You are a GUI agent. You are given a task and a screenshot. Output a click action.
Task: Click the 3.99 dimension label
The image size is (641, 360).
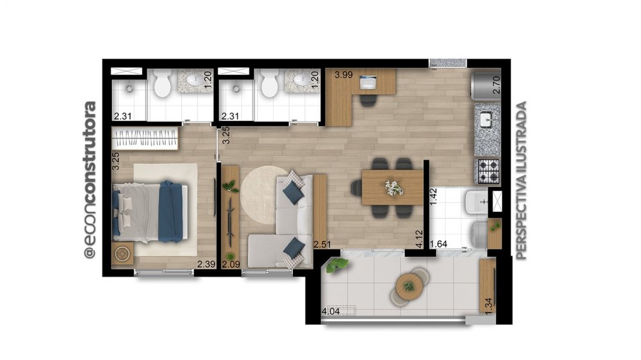click(x=344, y=75)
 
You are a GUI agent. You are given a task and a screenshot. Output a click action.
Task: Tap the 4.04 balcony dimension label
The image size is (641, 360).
click(x=331, y=311)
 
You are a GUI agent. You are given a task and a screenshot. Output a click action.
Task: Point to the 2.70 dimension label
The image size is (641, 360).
click(x=496, y=85)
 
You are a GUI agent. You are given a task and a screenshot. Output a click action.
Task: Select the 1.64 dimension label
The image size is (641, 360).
click(x=438, y=244)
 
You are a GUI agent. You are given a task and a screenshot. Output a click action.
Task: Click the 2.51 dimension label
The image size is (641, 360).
click(x=322, y=244)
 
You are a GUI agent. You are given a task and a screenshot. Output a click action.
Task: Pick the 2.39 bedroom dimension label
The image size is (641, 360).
click(x=206, y=265)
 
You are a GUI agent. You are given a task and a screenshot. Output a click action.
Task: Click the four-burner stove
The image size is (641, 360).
click(x=488, y=171)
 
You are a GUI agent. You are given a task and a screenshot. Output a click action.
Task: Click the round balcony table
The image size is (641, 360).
click(x=408, y=286)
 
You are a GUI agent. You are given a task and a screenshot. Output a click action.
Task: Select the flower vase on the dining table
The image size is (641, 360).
click(x=394, y=188)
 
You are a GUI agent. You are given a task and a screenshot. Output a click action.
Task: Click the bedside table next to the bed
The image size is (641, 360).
click(x=122, y=254)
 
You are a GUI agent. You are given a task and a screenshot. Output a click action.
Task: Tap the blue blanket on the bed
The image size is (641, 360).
click(x=171, y=211)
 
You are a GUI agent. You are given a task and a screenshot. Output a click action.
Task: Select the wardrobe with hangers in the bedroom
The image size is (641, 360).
click(x=145, y=138)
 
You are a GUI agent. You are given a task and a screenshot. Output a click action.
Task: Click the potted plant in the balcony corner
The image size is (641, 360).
click(x=337, y=265)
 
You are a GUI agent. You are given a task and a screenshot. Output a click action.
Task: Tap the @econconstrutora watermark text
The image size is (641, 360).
click(x=90, y=180)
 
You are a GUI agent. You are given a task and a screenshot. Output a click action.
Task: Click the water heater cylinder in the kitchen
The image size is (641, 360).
click(x=485, y=85)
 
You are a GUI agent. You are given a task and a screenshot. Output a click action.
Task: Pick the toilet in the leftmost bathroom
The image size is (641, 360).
click(x=162, y=84)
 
